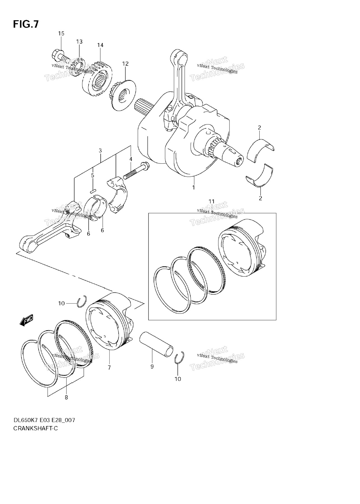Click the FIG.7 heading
[26, 25]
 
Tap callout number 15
[61, 34]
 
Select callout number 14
[100, 45]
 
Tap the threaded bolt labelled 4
[136, 171]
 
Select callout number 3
[100, 151]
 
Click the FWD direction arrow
[27, 320]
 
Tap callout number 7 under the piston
[109, 367]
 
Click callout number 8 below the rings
[66, 397]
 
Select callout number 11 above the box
[211, 201]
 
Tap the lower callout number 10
[178, 379]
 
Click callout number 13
[79, 42]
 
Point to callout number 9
[152, 366]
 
